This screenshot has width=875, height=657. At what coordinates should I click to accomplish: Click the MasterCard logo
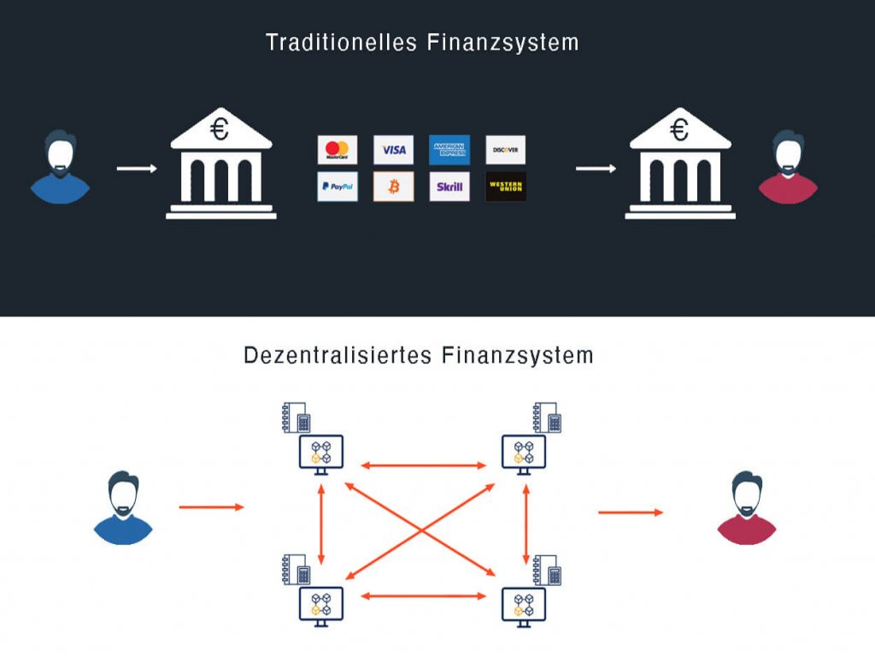(338, 150)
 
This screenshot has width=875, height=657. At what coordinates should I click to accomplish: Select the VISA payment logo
(393, 150)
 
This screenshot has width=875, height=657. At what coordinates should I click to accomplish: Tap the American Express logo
(449, 150)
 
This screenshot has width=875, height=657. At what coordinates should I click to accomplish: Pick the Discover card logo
(505, 150)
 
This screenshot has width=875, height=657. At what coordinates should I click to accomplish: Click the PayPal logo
(338, 186)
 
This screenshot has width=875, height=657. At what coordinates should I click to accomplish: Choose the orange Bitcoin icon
(393, 186)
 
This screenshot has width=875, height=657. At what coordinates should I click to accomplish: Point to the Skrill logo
(449, 186)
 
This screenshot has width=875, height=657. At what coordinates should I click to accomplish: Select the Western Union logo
(505, 186)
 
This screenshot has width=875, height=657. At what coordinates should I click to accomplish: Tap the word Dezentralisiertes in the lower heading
(338, 355)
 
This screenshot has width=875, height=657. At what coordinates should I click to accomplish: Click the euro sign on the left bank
(220, 130)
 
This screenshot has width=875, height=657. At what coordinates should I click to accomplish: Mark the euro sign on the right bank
(679, 130)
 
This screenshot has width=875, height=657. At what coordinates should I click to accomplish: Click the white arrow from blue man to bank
(137, 169)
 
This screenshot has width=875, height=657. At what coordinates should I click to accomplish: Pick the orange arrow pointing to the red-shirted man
(631, 512)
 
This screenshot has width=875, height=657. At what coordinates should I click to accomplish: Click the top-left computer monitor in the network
(320, 453)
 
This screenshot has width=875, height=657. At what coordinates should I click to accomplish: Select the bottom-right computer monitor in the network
(524, 605)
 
